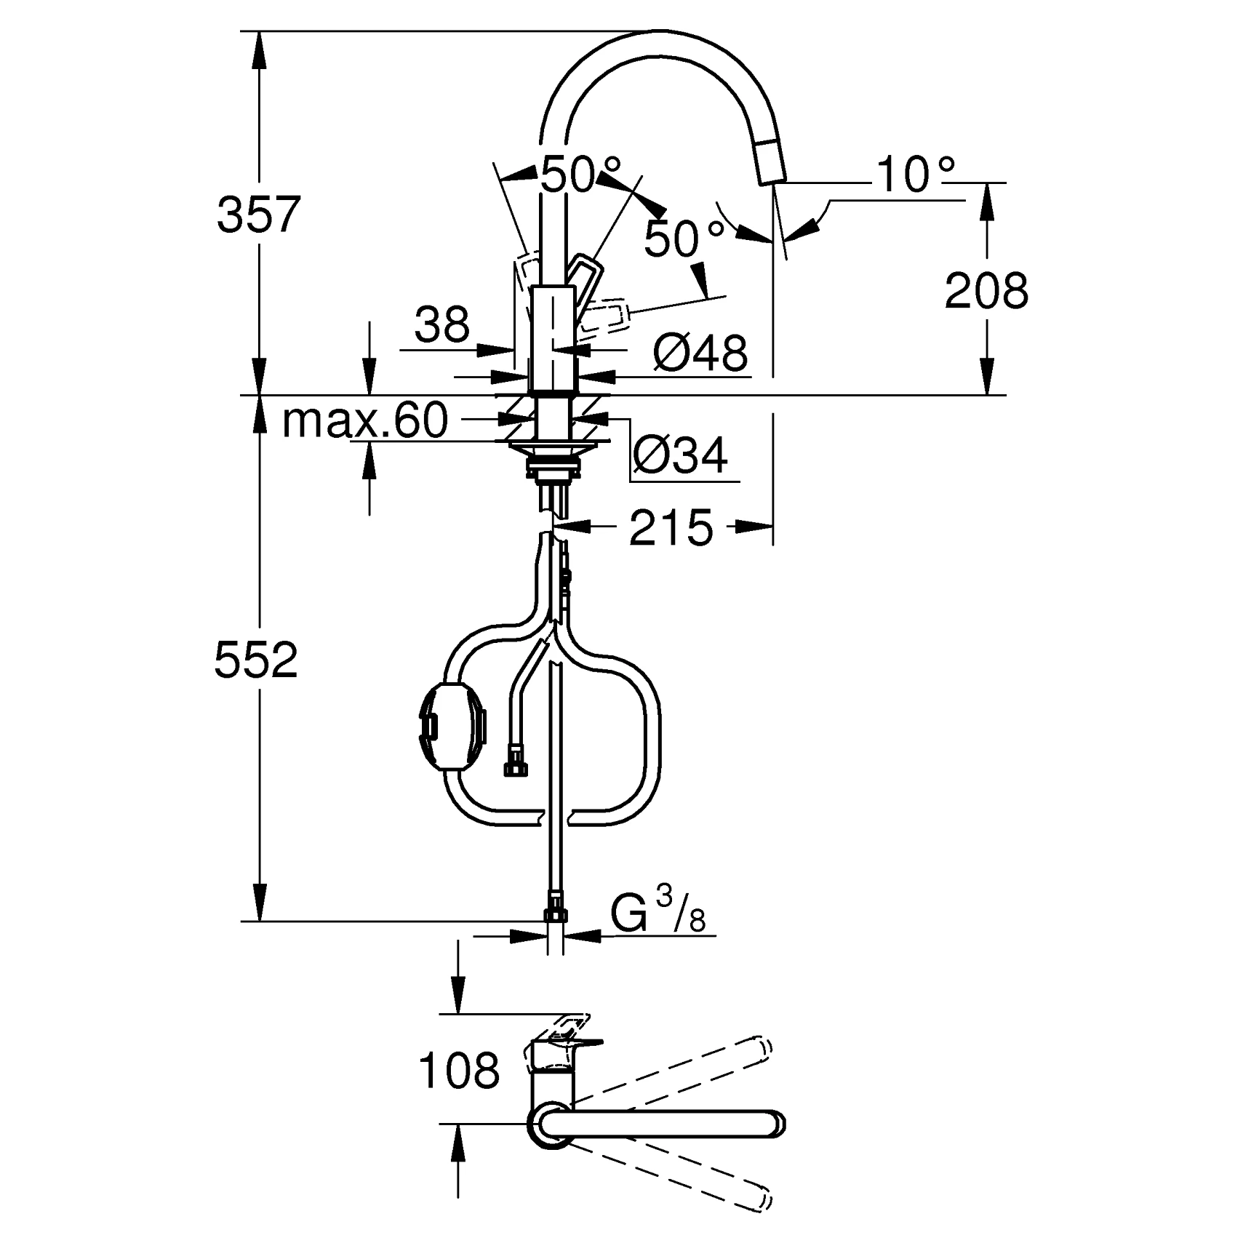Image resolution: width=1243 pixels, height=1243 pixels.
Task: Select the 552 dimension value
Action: [x=256, y=660]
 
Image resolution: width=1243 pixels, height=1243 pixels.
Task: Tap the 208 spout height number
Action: [x=986, y=290]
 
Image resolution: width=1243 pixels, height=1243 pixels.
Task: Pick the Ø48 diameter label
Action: [x=700, y=353]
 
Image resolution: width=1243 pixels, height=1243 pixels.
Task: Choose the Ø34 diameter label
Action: [x=679, y=456]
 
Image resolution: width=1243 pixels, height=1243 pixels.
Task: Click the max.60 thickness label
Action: [x=364, y=420]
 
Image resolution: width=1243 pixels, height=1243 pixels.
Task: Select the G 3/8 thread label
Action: [x=657, y=914]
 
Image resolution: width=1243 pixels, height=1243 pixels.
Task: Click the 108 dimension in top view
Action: [x=459, y=1070]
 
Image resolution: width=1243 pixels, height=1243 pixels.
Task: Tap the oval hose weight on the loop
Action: [x=452, y=727]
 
